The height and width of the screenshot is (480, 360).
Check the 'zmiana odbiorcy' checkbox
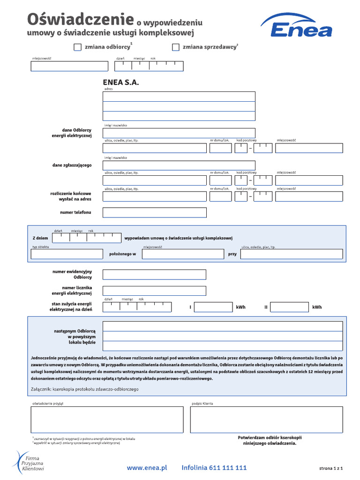click(x=78, y=47)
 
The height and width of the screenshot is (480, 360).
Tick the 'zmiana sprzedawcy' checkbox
click(x=176, y=47)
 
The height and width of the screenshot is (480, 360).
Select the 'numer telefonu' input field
click(x=154, y=213)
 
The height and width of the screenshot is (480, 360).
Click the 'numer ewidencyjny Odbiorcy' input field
click(x=154, y=275)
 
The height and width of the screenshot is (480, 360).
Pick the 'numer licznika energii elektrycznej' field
click(x=154, y=291)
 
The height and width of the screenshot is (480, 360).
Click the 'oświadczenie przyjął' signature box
click(x=107, y=420)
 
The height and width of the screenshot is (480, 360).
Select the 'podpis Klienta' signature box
click(x=266, y=420)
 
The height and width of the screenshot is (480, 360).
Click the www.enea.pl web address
click(x=147, y=467)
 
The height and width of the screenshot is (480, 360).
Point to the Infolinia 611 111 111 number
click(x=214, y=467)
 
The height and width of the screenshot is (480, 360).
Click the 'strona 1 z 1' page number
click(x=331, y=468)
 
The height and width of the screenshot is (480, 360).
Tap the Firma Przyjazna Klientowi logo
click(x=29, y=461)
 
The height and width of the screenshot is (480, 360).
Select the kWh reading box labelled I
click(x=213, y=307)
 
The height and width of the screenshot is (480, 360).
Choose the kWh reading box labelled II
click(x=290, y=307)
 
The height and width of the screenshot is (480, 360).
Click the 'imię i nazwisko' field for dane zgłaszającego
click(x=179, y=165)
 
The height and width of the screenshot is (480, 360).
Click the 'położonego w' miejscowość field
click(x=183, y=254)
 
